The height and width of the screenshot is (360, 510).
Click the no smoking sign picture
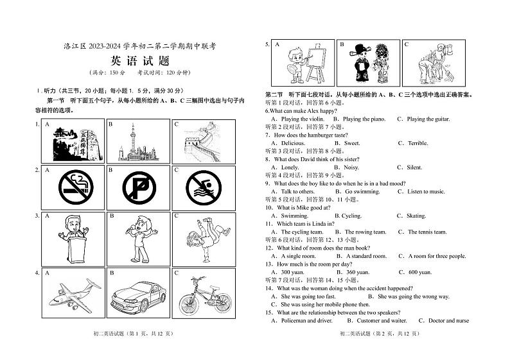76,187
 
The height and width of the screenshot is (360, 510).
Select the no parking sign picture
139,187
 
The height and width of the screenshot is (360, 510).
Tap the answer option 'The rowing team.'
365,232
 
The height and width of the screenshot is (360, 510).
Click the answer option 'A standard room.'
365,256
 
